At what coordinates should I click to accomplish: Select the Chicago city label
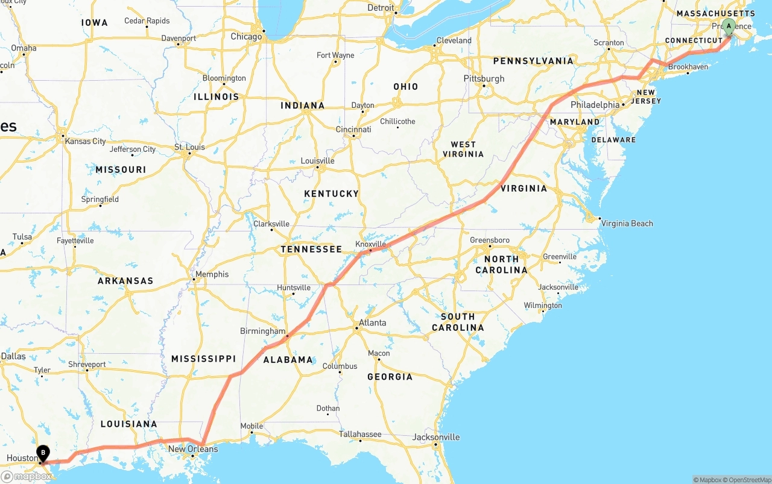[x=246, y=37]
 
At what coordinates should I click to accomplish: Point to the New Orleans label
[x=193, y=449]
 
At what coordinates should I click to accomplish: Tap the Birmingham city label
[x=263, y=332]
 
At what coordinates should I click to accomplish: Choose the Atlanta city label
[x=372, y=323]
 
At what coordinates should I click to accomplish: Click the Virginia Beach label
[x=627, y=224]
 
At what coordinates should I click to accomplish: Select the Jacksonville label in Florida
[x=436, y=438]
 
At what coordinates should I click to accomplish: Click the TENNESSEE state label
[x=311, y=250]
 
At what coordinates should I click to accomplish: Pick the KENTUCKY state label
[x=332, y=194]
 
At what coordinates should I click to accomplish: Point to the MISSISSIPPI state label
[x=203, y=359]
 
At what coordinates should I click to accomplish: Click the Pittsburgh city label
[x=484, y=79]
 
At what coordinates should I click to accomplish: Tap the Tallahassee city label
[x=360, y=434]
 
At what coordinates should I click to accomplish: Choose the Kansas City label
[x=85, y=142]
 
